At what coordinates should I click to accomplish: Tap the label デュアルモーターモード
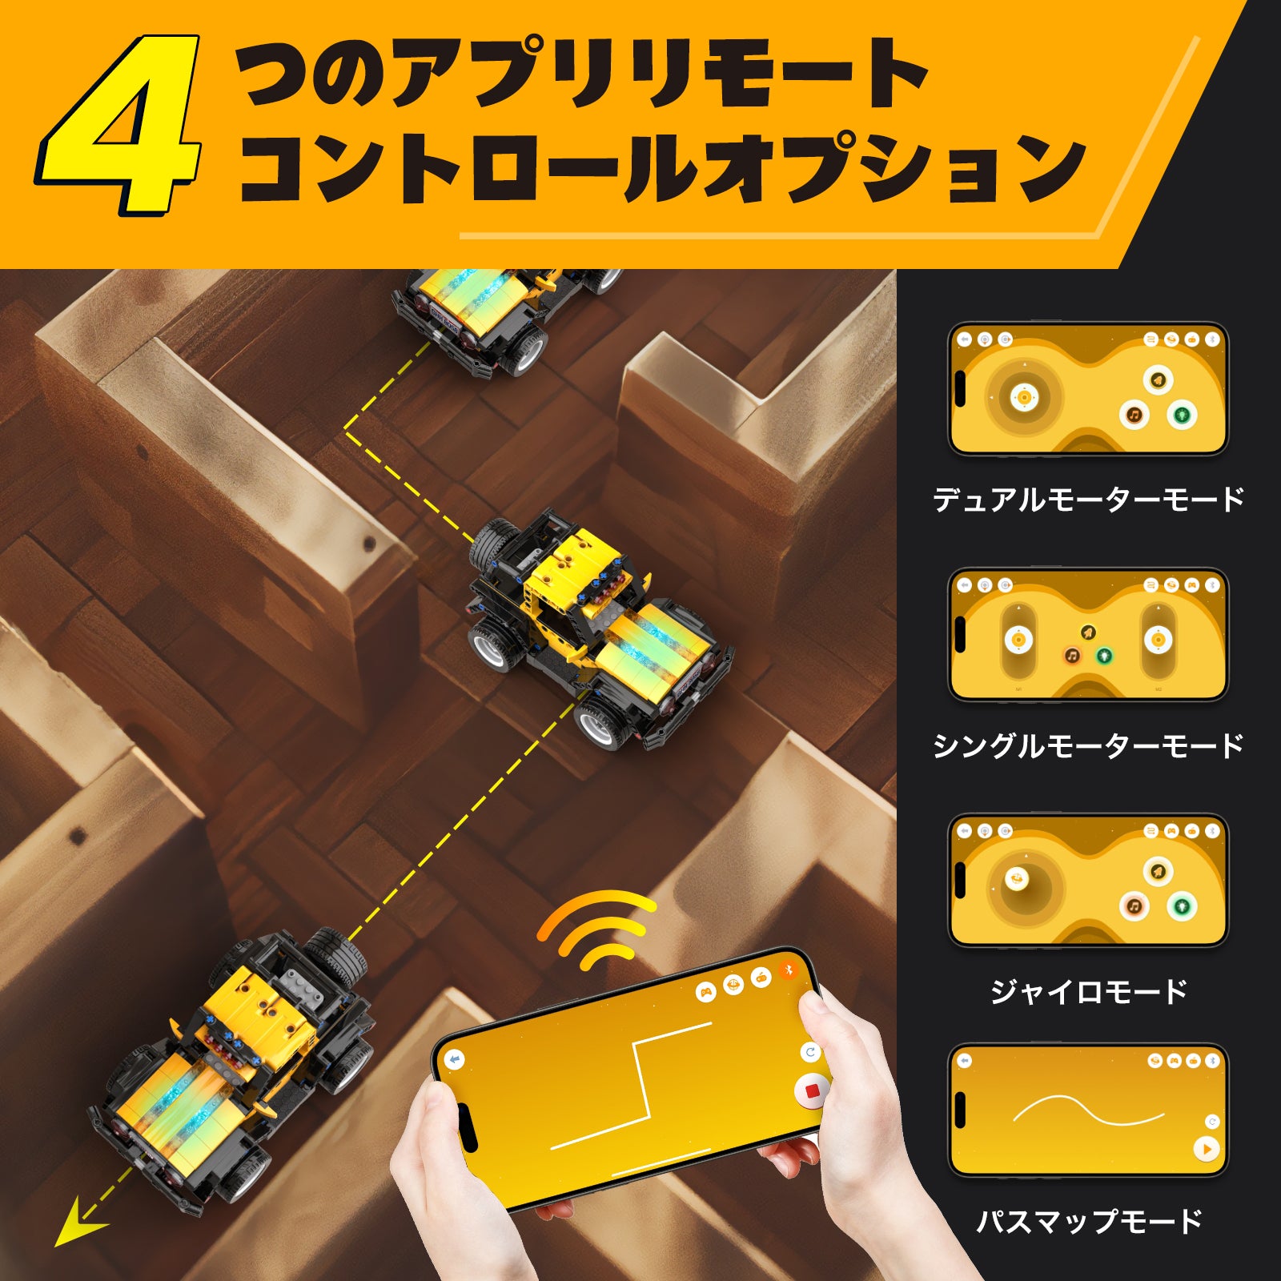(1088, 500)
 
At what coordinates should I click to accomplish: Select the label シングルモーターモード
(1088, 746)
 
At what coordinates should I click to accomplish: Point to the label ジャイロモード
(1088, 992)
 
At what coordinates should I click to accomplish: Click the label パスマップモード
(1088, 1222)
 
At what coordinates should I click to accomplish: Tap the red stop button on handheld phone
(811, 1091)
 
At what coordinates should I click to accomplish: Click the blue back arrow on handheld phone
(455, 1060)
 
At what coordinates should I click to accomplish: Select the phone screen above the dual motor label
(1088, 389)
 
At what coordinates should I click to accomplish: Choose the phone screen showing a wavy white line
(1088, 1111)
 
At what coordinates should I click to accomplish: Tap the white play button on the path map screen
(1206, 1149)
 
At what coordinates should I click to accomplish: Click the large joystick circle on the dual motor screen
(1023, 397)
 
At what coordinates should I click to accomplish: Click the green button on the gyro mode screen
(1182, 907)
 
